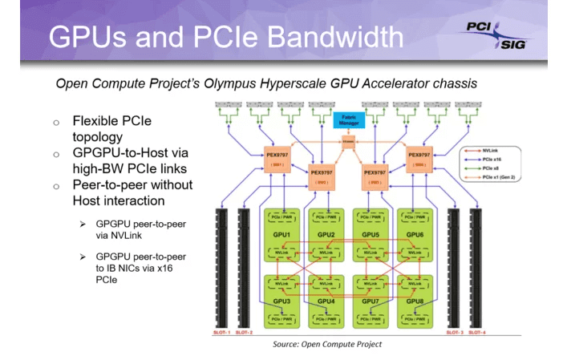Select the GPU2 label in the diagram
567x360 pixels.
pyautogui.click(x=326, y=235)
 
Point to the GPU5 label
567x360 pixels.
pyautogui.click(x=371, y=235)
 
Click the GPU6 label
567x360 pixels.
pyautogui.click(x=415, y=235)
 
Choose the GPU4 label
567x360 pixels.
pyautogui.click(x=326, y=301)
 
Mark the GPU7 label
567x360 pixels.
pyautogui.click(x=371, y=301)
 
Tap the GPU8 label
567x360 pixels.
pyautogui.click(x=415, y=301)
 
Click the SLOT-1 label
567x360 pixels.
pyautogui.click(x=221, y=332)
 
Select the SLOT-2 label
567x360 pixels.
pyautogui.click(x=245, y=332)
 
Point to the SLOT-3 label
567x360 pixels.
pyautogui.click(x=454, y=332)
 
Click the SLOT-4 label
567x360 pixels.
pyautogui.click(x=477, y=332)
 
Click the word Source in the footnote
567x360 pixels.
pyautogui.click(x=287, y=344)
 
